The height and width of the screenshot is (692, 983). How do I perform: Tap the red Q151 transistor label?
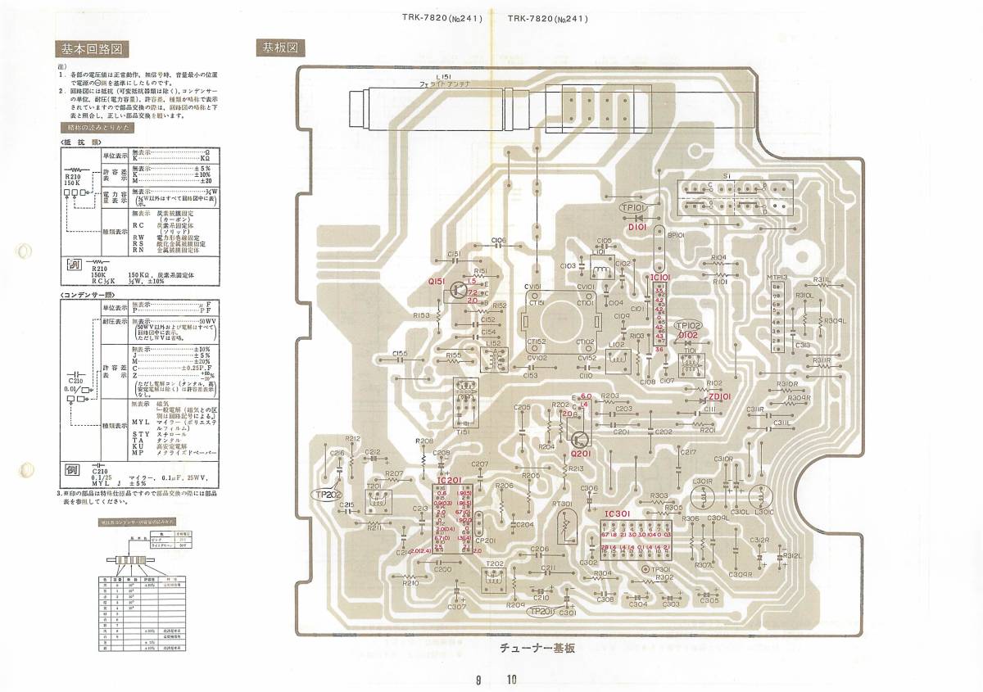[x=437, y=281]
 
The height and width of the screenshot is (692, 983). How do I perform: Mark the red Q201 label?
[x=581, y=453]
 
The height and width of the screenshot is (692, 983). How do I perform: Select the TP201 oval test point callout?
[x=542, y=611]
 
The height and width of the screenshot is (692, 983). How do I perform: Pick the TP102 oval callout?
[x=687, y=325]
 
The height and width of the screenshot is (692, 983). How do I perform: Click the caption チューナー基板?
[x=537, y=648]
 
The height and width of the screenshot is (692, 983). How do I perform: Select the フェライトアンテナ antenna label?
[x=445, y=84]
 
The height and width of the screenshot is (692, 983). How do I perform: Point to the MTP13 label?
[x=777, y=278]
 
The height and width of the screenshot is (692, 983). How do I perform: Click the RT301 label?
[x=563, y=504]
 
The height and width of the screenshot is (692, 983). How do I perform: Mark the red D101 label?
[x=637, y=228]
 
